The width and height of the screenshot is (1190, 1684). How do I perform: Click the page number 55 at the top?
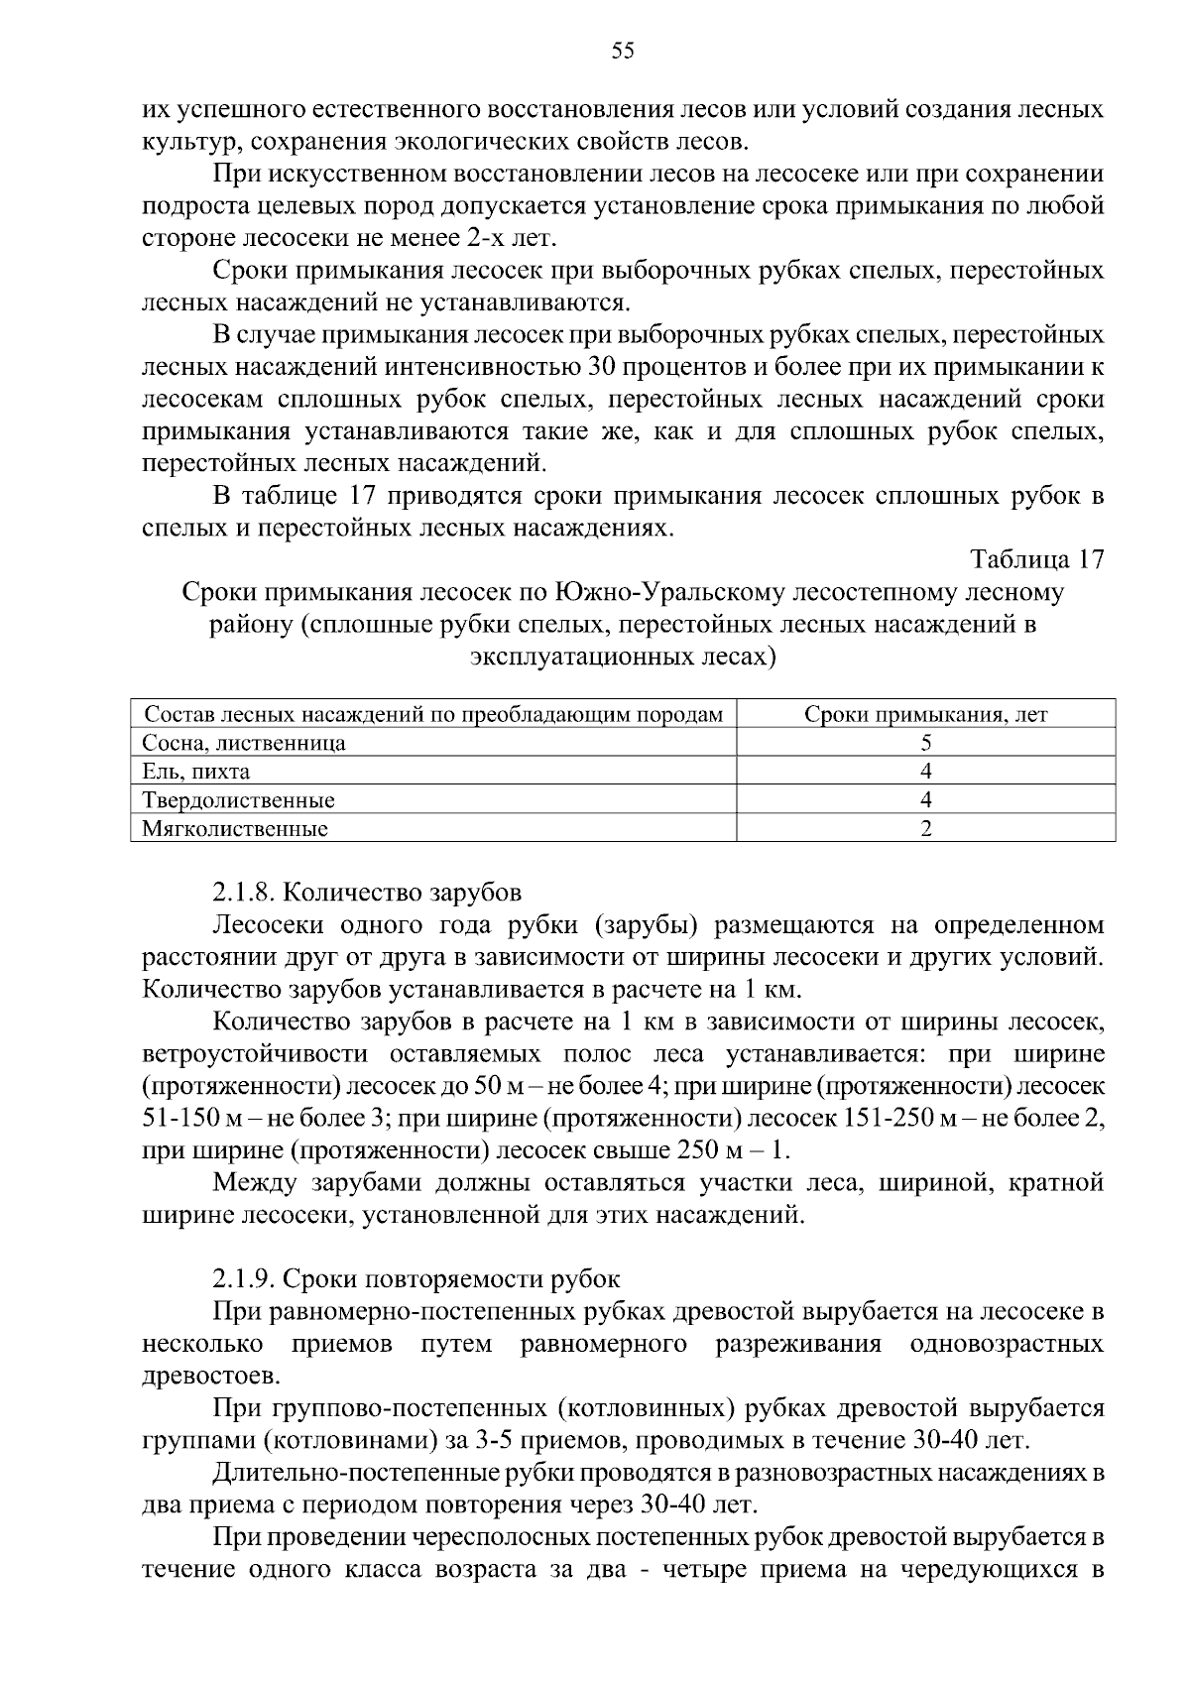623,52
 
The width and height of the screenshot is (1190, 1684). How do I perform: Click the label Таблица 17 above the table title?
1037,559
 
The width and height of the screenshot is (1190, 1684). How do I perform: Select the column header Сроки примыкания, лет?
925,715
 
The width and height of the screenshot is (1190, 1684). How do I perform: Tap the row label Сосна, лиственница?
244,743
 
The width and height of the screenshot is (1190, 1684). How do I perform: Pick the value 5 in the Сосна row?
925,743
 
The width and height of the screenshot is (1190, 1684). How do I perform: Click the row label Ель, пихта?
196,772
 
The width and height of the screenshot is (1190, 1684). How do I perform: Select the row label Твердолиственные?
239,799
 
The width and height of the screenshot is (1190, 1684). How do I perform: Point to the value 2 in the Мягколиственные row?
925,828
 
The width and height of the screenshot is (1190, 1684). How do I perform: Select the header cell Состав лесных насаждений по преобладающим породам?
433,715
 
